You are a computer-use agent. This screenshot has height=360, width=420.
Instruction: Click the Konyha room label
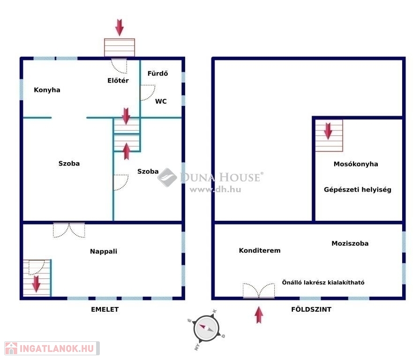[x=47, y=90]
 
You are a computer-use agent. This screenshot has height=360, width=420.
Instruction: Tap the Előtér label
[x=118, y=80]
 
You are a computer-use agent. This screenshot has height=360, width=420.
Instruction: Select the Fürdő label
[x=158, y=73]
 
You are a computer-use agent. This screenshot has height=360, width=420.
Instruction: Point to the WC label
[x=161, y=101]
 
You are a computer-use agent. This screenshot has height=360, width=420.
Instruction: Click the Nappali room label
[x=104, y=252]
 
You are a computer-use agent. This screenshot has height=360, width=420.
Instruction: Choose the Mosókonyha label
[x=356, y=164]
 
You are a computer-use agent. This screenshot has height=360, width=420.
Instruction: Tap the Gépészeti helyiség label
[x=357, y=190]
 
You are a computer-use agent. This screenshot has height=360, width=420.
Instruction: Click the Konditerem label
[x=260, y=250]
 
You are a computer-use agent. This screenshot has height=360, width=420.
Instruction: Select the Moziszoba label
[x=350, y=243]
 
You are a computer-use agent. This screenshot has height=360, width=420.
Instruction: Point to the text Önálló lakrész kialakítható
[x=323, y=282]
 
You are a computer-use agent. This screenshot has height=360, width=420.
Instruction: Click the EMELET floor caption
[x=105, y=309]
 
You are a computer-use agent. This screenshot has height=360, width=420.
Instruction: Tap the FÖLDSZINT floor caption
[x=311, y=309]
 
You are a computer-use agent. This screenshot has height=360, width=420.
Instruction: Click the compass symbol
[x=206, y=328]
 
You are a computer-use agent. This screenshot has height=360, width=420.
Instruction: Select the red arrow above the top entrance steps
[x=120, y=27]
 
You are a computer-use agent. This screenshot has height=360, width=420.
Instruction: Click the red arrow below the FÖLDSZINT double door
[x=259, y=315]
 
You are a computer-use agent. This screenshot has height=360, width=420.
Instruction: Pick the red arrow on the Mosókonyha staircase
[x=328, y=131]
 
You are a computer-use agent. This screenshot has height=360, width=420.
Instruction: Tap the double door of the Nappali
[x=69, y=230]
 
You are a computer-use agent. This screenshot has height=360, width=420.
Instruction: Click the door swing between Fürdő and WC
[x=148, y=93]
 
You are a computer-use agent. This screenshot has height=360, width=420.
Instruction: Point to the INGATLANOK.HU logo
[x=52, y=348]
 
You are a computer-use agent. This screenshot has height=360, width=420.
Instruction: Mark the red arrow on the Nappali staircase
[x=36, y=284]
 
